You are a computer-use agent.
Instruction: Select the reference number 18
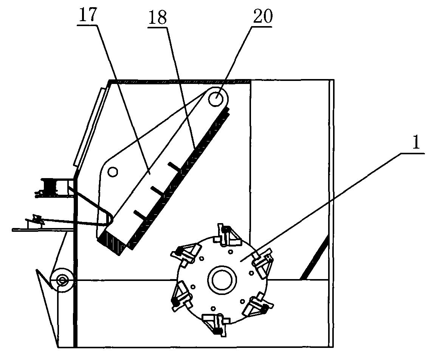click(x=158, y=17)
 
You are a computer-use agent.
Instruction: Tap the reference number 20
click(x=262, y=16)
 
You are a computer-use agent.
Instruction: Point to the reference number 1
click(x=416, y=144)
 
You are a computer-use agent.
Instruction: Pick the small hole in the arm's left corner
click(x=113, y=172)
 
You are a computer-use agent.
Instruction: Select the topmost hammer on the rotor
click(x=227, y=235)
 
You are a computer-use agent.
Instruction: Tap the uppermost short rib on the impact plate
click(x=175, y=166)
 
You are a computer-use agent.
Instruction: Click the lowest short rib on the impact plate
click(x=141, y=215)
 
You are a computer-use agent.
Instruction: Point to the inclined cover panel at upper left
click(x=89, y=127)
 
